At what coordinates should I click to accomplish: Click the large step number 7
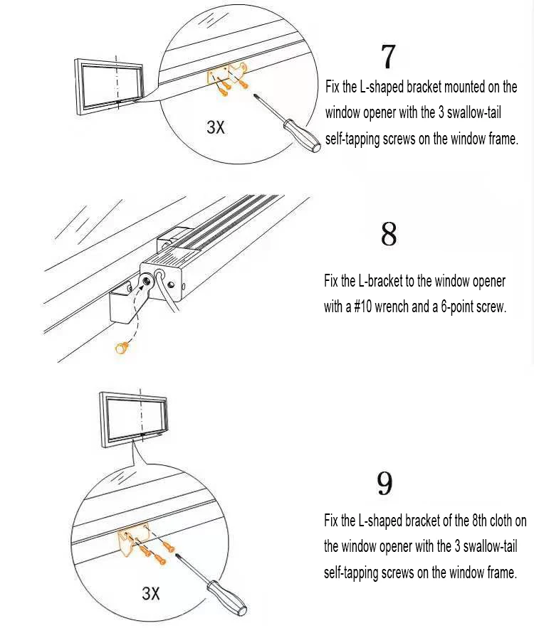[388, 57]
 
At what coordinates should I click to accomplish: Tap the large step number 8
[389, 234]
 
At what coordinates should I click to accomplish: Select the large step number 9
[384, 484]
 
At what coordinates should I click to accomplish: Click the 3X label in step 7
[215, 127]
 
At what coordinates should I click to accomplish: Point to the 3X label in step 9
[151, 593]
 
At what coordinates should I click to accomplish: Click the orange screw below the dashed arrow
[122, 347]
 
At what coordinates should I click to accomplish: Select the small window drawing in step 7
[110, 85]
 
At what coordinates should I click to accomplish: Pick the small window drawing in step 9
[136, 420]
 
